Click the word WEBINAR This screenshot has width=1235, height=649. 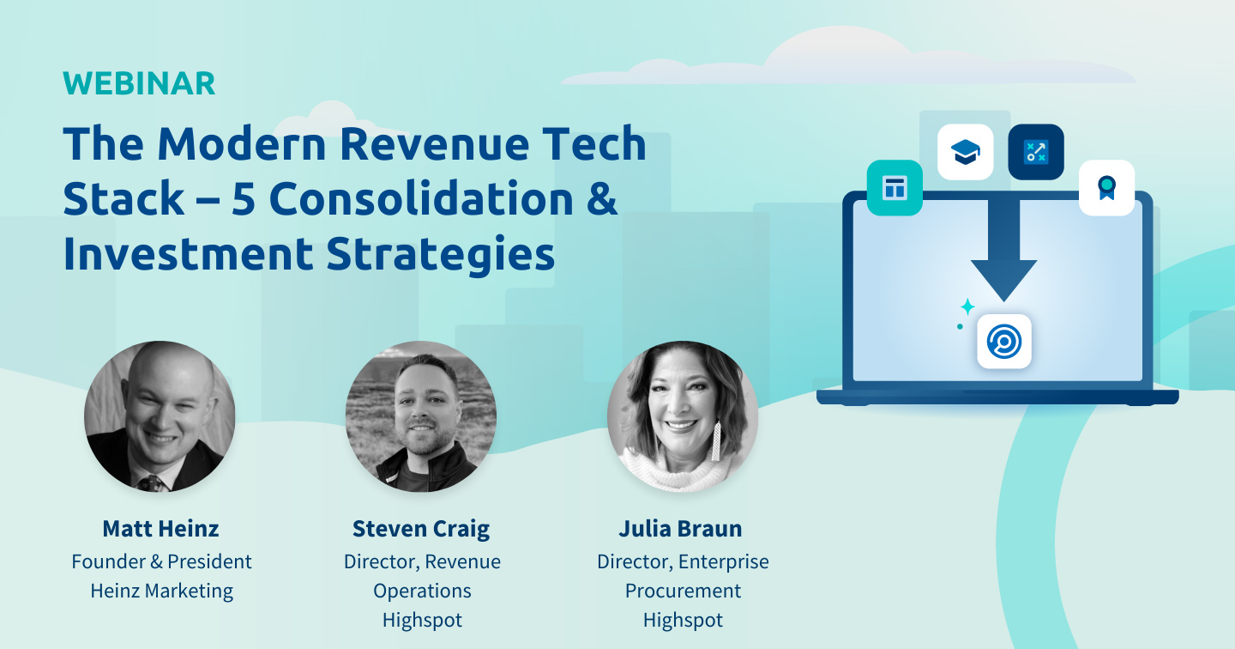139,83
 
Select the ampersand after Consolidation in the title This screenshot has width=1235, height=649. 604,198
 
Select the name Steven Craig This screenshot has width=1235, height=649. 421,528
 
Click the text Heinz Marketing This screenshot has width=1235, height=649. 161,591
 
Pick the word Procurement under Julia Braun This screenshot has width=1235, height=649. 683,591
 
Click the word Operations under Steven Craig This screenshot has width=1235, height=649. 422,591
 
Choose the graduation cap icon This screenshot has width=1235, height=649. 965,153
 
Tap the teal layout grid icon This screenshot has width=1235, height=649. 895,187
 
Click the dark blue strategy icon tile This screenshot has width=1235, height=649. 1035,152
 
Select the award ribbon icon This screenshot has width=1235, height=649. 1106,187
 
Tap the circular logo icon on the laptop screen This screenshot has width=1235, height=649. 1004,342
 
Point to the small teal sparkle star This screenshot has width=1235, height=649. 967,306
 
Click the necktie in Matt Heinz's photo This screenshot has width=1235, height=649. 153,483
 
